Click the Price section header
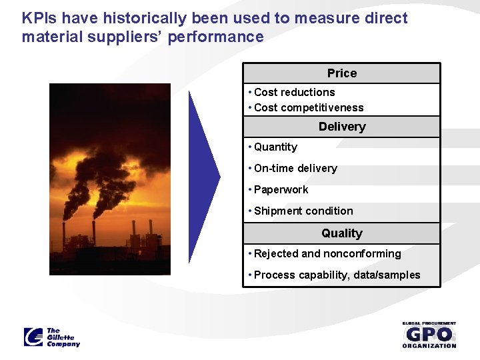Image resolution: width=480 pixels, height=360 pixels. (341, 73)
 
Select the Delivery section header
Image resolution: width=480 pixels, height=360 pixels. (341, 127)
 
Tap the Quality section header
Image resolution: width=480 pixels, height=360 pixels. (341, 233)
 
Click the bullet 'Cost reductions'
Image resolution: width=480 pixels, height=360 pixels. (294, 92)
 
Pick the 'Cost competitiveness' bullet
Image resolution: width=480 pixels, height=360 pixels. (308, 107)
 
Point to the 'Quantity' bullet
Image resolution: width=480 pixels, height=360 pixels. (275, 147)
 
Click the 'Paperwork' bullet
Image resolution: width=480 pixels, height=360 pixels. (281, 189)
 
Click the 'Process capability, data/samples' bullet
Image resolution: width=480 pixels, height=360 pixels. (337, 275)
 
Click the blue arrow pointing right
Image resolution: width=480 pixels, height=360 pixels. (203, 176)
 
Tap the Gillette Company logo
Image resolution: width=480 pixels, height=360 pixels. (52, 337)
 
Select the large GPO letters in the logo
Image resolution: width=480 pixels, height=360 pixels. (429, 334)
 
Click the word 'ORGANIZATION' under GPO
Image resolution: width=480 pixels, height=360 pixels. (429, 345)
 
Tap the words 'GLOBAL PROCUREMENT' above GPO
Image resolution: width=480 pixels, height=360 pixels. (429, 323)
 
